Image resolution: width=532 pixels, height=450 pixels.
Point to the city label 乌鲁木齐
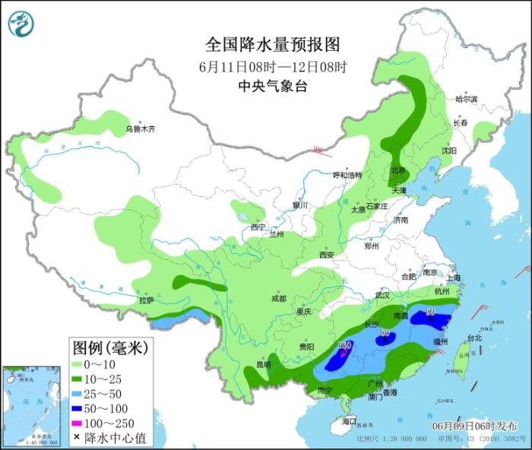pyautogui.click(x=140, y=129)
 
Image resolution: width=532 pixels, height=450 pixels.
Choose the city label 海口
pyautogui.click(x=349, y=420)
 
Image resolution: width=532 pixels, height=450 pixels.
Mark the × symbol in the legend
pyautogui.click(x=78, y=439)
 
